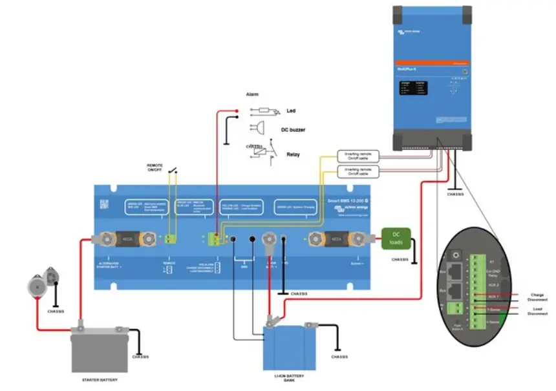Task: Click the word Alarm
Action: [253, 94]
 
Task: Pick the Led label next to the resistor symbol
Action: [291, 111]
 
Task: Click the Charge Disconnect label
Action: [537, 297]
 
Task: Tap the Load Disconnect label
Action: [537, 312]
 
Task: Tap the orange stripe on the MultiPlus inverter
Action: [431, 62]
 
